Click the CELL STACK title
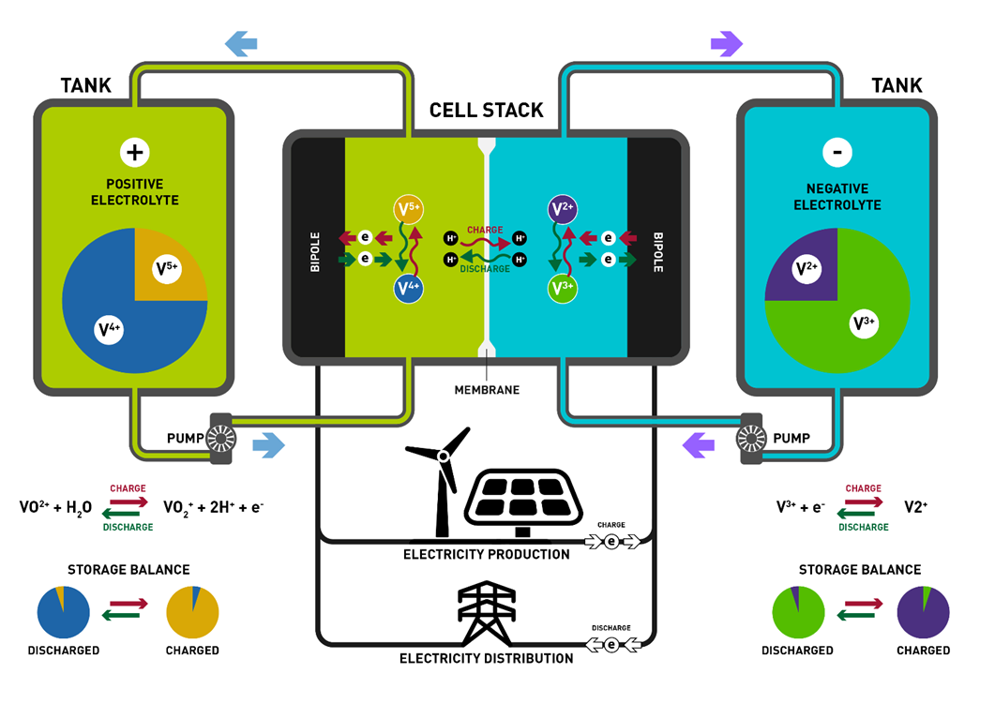[x=486, y=110]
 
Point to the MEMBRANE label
[x=487, y=389]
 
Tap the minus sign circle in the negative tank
[x=837, y=152]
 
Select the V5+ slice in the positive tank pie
[x=169, y=268]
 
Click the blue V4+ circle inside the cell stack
[x=408, y=289]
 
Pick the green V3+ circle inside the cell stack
[x=562, y=289]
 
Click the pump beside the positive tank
[x=222, y=438]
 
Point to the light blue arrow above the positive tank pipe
[x=241, y=42]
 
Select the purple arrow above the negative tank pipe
[x=727, y=42]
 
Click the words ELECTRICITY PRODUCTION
[x=486, y=554]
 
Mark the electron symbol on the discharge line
[x=611, y=644]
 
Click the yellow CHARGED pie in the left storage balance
[x=192, y=613]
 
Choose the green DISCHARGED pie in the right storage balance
[x=797, y=613]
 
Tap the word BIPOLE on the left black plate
[x=315, y=252]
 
